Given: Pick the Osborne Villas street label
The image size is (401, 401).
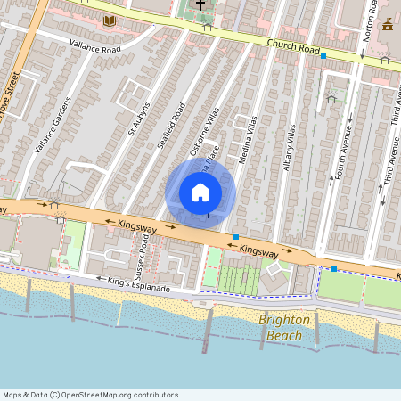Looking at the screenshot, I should pyautogui.click(x=203, y=135).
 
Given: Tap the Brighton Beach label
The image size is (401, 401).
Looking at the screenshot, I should pyautogui.click(x=285, y=327).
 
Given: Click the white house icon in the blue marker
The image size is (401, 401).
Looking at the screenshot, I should pyautogui.click(x=200, y=192).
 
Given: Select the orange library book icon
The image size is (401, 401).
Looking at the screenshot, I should pyautogui.click(x=110, y=20).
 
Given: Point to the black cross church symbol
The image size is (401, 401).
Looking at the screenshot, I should pyautogui.click(x=200, y=6).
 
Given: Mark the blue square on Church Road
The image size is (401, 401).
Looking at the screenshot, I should pyautogui.click(x=323, y=56).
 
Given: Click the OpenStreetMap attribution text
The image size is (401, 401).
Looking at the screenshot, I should pyautogui.click(x=90, y=395).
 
